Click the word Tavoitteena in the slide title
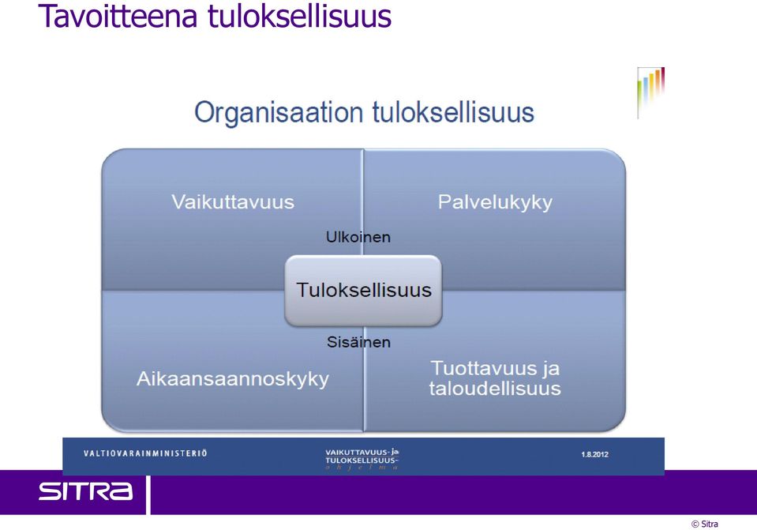118,16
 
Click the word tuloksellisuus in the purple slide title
299,16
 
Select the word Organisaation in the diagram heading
279,114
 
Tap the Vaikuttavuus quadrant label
233,202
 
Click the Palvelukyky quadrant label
495,202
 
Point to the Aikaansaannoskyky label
233,379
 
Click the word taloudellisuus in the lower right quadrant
495,389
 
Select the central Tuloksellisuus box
364,291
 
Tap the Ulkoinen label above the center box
358,237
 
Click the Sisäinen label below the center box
358,342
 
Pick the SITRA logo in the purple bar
85,491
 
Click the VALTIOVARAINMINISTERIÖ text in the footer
145,453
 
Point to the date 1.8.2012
595,454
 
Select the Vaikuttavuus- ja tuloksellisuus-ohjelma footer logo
362,459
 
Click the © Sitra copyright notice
705,524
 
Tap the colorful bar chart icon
650,92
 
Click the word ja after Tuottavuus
550,369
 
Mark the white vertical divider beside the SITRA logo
148,494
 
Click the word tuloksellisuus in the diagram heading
453,113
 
